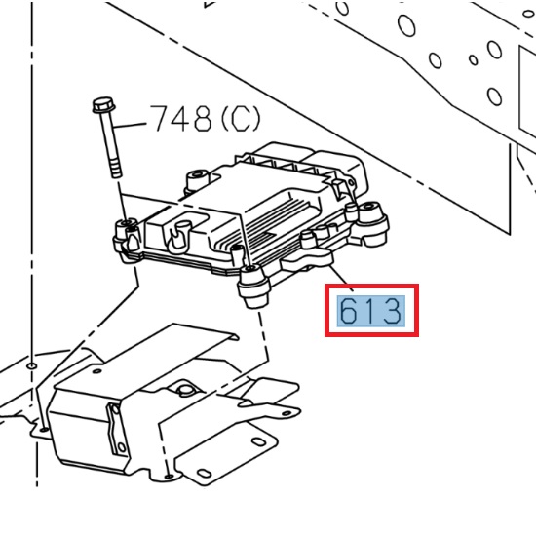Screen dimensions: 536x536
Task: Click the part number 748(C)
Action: click(205, 119)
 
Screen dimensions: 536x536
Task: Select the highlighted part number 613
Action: click(370, 312)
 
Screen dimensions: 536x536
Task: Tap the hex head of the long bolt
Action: click(101, 104)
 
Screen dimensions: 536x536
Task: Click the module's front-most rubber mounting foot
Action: click(252, 287)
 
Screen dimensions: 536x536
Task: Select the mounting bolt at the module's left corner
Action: click(124, 232)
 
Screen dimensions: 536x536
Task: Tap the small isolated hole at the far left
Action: click(32, 365)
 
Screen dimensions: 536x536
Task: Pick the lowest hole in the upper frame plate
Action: click(494, 96)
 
